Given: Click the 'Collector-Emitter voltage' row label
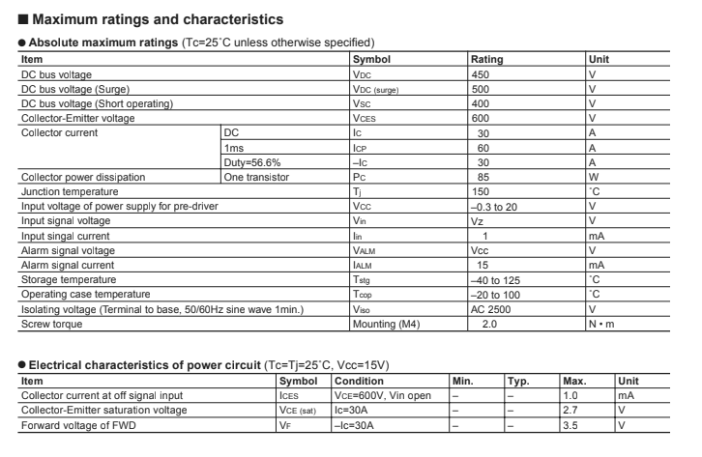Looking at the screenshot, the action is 78,118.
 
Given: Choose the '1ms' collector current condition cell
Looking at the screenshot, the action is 233,147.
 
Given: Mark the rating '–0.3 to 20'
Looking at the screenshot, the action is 501,206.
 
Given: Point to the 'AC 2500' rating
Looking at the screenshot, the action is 492,309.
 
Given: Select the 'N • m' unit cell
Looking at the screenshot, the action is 601,324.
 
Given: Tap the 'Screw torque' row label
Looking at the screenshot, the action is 51,324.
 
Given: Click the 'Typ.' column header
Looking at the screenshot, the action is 519,381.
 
